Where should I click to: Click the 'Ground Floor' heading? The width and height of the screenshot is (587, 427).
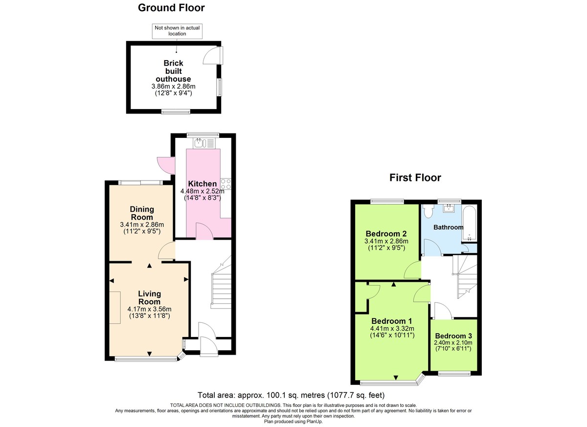pos(171,8)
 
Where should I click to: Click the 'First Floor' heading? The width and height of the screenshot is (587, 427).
pos(415,178)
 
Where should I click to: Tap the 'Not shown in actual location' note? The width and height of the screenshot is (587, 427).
pos(177,31)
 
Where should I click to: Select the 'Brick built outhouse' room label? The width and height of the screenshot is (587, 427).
pos(173,71)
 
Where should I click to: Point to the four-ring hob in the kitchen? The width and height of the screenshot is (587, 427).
pos(226,184)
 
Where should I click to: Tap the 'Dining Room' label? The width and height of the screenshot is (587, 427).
pos(141,213)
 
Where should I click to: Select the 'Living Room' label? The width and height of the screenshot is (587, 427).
pos(149,297)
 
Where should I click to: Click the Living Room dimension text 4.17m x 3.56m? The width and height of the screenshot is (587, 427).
pos(149,309)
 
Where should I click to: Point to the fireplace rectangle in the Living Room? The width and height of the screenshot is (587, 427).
pos(114,307)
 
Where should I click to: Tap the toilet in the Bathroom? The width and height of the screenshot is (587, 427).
pos(428,211)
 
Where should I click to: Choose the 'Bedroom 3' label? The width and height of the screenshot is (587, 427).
pos(453,336)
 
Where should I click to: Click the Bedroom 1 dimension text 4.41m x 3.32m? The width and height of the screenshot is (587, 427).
pos(392,329)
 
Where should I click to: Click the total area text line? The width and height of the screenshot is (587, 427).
pos(291,395)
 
